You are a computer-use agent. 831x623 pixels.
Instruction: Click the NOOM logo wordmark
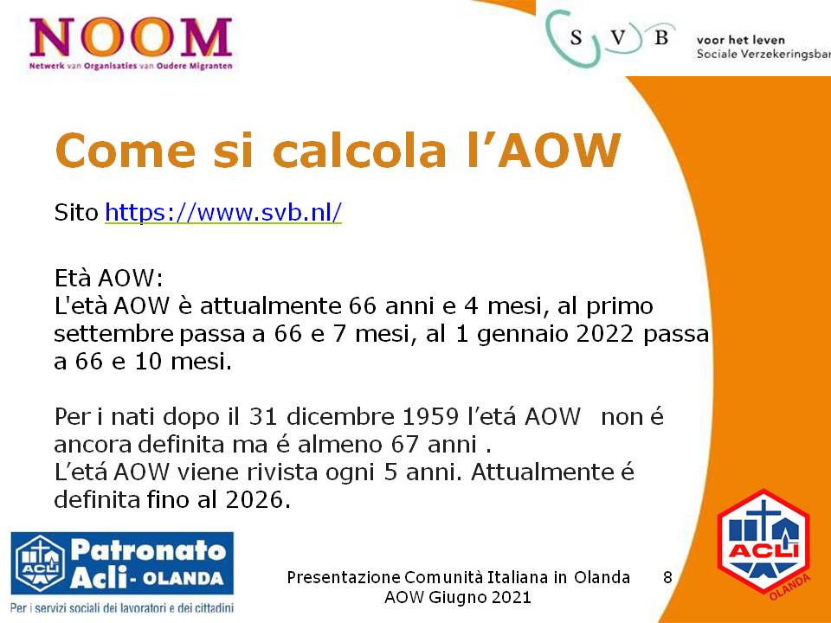click(x=131, y=37)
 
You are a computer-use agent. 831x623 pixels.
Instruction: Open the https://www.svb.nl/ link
click(x=223, y=213)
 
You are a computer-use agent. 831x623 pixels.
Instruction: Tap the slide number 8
click(x=667, y=577)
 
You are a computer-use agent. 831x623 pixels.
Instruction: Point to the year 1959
click(x=430, y=416)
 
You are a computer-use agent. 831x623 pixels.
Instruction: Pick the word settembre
click(x=114, y=334)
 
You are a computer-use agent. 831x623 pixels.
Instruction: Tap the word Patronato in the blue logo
click(x=148, y=551)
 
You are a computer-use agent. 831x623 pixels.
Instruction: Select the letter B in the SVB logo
click(x=660, y=37)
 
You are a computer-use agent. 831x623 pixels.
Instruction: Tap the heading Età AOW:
click(x=109, y=278)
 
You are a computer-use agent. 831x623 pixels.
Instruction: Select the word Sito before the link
click(x=76, y=213)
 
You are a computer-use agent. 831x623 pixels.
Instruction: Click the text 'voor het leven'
click(x=740, y=40)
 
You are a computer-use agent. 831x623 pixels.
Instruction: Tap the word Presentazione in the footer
click(x=344, y=577)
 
